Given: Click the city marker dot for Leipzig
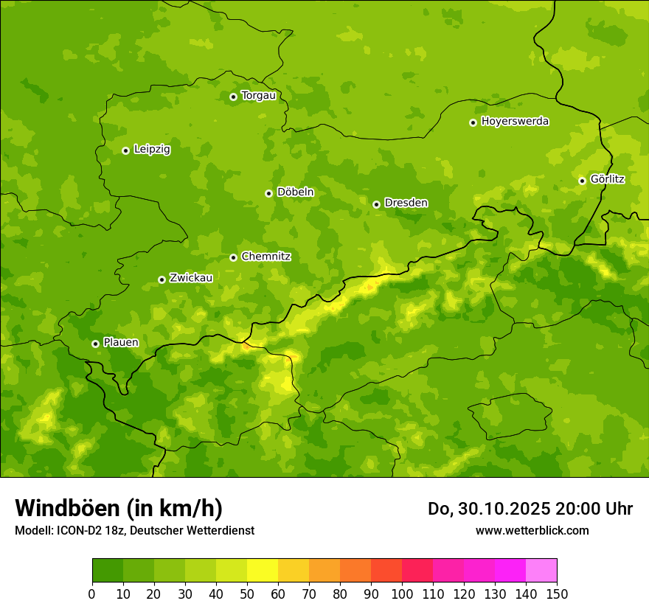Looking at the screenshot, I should coord(125,150).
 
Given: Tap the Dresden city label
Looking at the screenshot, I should coord(406,203).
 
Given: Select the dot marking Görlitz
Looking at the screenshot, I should coord(582,181).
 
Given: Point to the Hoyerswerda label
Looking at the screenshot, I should coord(515,121).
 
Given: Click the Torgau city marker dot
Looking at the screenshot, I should coord(233,97).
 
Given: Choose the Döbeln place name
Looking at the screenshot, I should coord(295,192).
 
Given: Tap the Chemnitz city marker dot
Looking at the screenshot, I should coord(233,257).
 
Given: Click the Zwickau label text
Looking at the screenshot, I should coord(191,278).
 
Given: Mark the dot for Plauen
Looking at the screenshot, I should coord(95,344).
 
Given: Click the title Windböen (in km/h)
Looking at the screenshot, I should coord(119,508).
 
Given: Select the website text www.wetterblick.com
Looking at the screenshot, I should coord(532,530).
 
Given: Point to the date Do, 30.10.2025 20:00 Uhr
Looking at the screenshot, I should coord(530,509).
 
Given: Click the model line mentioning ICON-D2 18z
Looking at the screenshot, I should coord(134,530).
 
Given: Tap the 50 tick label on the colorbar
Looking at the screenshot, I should coord(247,594).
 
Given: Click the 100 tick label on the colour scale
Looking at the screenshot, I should coord(402,594).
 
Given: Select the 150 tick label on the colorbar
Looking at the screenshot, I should coord(557,594).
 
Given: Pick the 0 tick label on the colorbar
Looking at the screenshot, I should coord(92,594).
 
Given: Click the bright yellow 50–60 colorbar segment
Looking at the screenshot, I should coord(263,571).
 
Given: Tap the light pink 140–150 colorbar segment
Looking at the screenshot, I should coord(541,571).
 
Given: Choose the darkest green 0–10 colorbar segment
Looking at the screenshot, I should coord(108,571).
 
